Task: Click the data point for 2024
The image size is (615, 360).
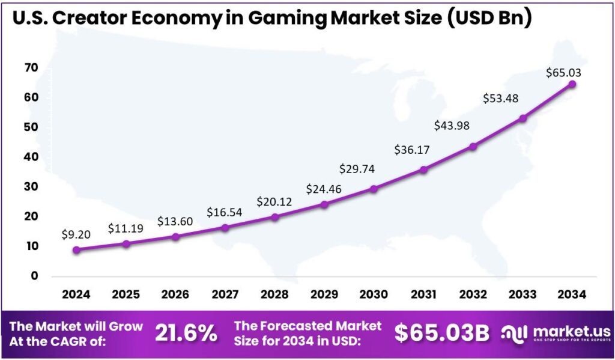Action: tap(76, 250)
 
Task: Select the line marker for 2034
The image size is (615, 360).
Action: tap(572, 84)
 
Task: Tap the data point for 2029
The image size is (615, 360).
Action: tap(324, 204)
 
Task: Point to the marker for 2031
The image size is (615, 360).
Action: tap(423, 170)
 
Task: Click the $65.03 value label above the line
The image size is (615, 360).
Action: tap(563, 73)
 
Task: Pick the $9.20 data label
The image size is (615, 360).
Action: tap(76, 234)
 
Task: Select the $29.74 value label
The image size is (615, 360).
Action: tap(357, 169)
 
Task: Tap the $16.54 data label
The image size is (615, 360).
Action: tap(225, 212)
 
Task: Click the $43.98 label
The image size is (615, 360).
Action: tap(452, 126)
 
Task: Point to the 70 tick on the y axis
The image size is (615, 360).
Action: tap(31, 68)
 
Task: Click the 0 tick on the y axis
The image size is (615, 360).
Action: tap(35, 276)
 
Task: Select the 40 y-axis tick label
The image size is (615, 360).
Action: tap(31, 157)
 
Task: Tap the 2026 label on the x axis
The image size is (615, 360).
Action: tap(175, 294)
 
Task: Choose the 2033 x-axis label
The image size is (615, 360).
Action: tap(523, 294)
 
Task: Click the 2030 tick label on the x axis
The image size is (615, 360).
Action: tap(374, 294)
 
